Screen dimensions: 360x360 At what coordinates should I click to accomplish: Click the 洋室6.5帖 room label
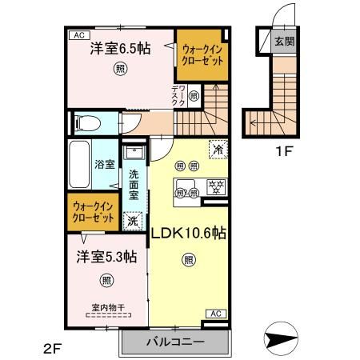(120, 46)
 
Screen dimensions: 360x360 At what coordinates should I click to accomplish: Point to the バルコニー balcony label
(175, 342)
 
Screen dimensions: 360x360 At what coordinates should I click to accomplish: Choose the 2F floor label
(53, 347)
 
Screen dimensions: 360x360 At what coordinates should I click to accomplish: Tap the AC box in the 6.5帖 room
(79, 35)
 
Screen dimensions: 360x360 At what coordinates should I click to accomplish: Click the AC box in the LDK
(214, 314)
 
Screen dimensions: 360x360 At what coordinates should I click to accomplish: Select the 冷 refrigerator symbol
(217, 148)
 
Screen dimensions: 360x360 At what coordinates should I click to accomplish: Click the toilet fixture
(88, 124)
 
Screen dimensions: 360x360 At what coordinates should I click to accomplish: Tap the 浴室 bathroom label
(105, 165)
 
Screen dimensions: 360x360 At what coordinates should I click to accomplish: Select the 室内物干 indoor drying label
(106, 306)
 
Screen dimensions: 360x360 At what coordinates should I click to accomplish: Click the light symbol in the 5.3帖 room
(106, 280)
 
